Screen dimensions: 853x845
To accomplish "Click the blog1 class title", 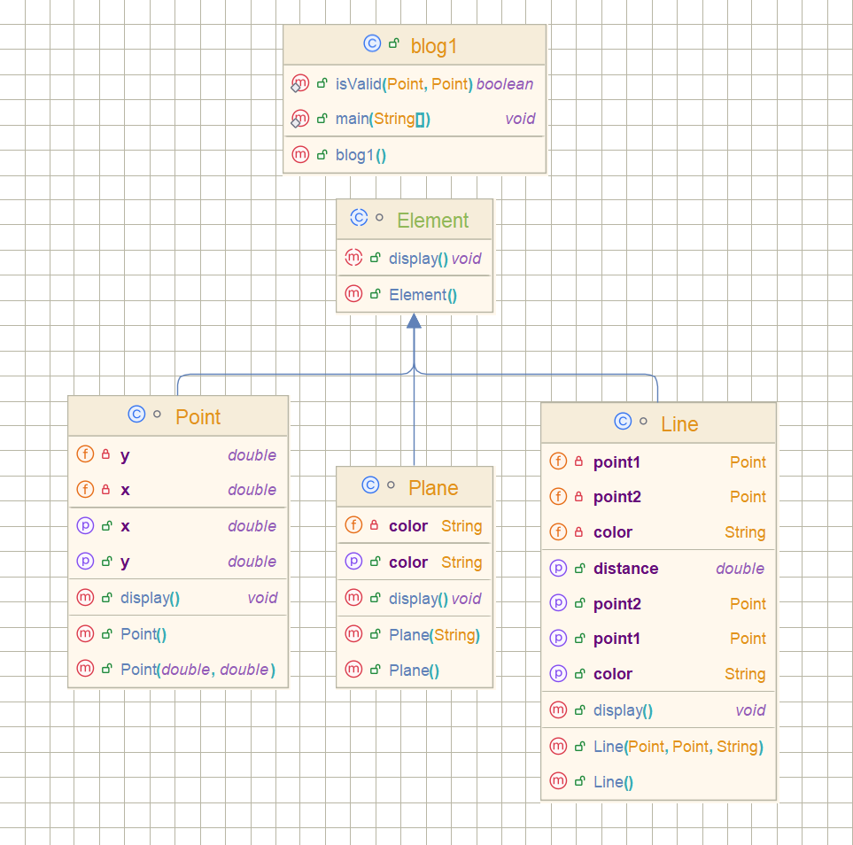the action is click(433, 46).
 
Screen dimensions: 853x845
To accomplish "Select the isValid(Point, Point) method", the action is click(404, 84).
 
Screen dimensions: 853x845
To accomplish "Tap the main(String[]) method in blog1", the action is click(383, 119).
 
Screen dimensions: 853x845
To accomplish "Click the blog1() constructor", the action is click(361, 155).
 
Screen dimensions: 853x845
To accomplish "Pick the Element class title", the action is click(432, 221).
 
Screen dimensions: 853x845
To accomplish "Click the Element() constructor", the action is click(423, 295).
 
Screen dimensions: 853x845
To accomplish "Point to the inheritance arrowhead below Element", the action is click(414, 322).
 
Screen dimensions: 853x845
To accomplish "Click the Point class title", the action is click(198, 417).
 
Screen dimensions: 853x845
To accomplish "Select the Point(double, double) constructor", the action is click(197, 670).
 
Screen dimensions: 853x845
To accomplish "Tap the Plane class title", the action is click(433, 488).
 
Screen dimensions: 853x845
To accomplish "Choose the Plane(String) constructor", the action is click(434, 635).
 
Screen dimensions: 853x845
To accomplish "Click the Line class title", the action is click(679, 424).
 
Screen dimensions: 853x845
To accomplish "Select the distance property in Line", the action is click(625, 569).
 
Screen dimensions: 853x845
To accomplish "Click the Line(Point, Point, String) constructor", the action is click(678, 747).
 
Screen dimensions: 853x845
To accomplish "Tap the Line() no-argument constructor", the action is click(613, 782).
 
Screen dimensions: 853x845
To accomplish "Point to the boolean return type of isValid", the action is click(505, 84).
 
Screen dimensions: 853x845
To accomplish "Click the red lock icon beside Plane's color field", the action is click(374, 526).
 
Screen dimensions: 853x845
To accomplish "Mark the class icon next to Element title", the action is click(359, 218).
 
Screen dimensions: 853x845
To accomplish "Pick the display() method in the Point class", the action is click(150, 598).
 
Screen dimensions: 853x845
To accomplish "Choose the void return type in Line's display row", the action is click(750, 710).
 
